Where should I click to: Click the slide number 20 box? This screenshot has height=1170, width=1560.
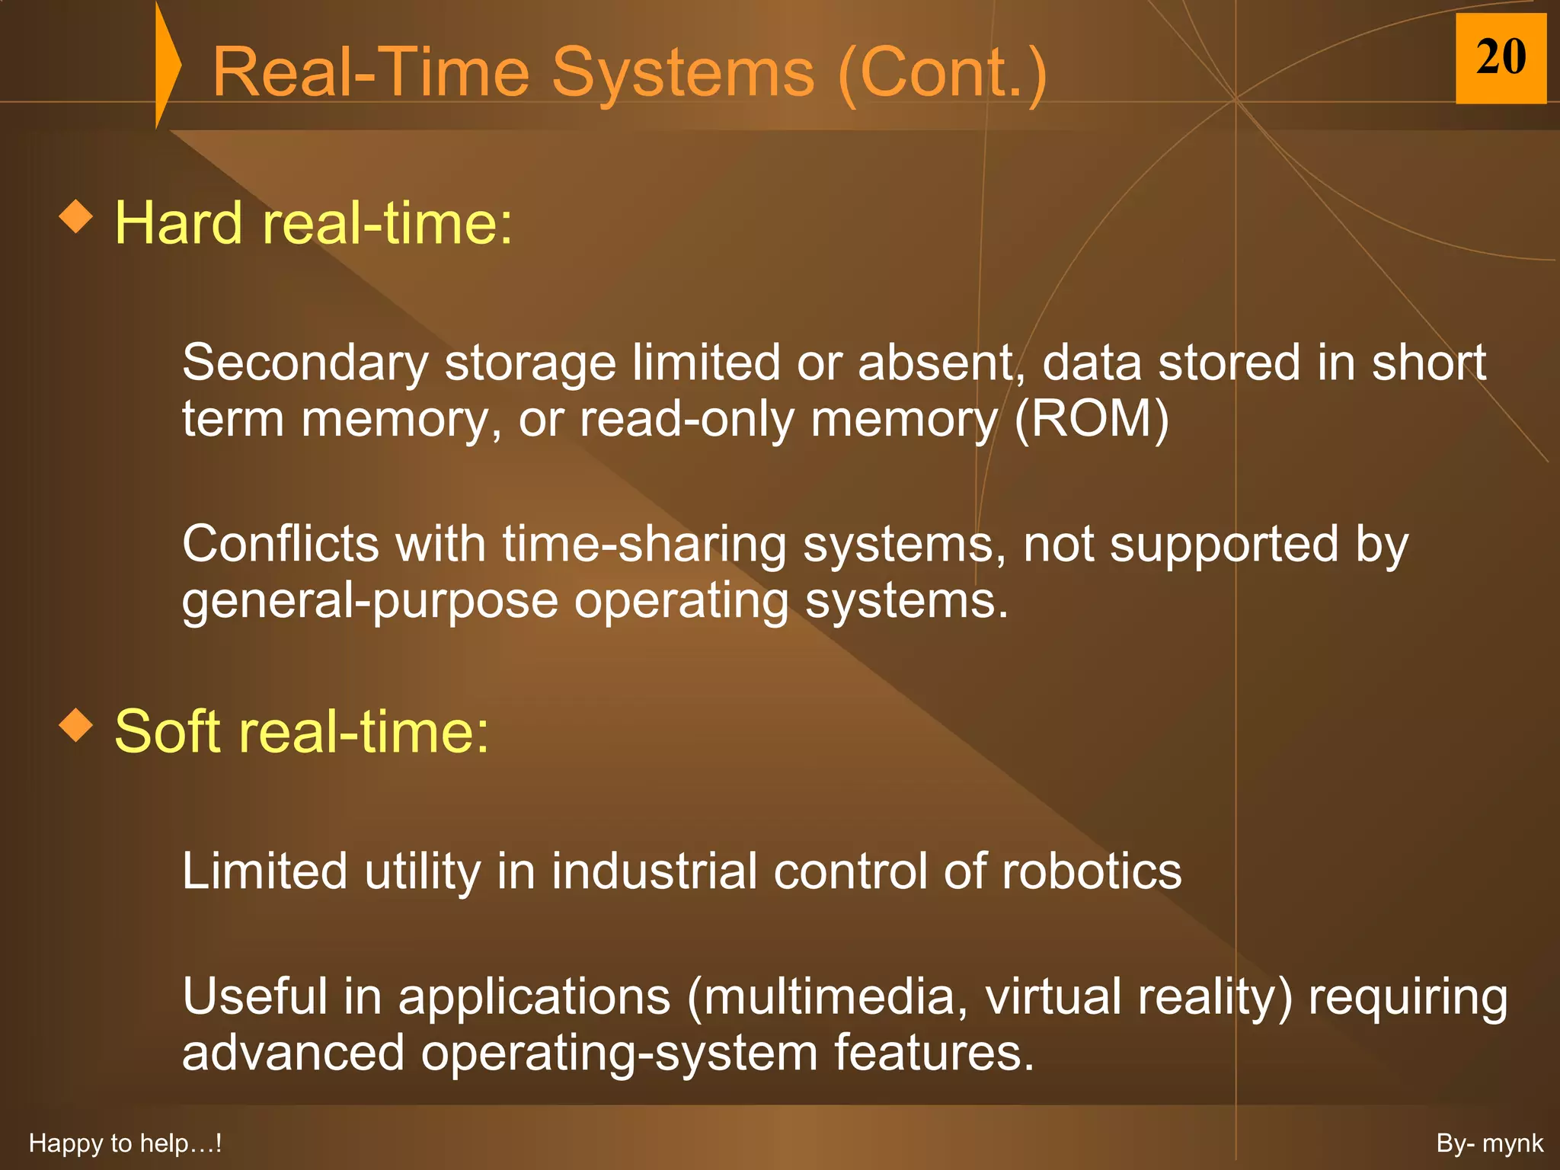coord(1500,58)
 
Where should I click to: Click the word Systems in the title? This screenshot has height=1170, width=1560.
coord(682,73)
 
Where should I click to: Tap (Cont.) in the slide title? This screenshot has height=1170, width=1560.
coord(941,73)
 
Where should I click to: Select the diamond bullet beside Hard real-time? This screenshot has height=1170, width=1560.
coord(76,217)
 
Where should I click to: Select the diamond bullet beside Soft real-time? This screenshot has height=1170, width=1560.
coord(76,724)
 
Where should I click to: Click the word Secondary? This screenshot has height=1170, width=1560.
coord(305,363)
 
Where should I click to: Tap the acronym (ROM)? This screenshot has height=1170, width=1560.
coord(1091,419)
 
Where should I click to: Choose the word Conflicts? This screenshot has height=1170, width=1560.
coord(280,544)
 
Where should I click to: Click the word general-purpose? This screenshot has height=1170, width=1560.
coord(369,602)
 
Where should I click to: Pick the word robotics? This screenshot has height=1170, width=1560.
coord(1091,871)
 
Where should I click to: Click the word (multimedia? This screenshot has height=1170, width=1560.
coord(827,996)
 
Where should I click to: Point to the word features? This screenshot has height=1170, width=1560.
coord(934,1053)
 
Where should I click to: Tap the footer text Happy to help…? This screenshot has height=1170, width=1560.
coord(125,1143)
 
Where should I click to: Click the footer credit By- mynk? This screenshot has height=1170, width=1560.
coord(1489,1143)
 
